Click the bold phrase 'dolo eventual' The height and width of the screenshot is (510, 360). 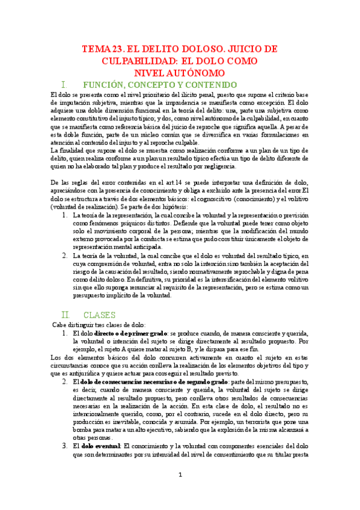coord(100,446)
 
